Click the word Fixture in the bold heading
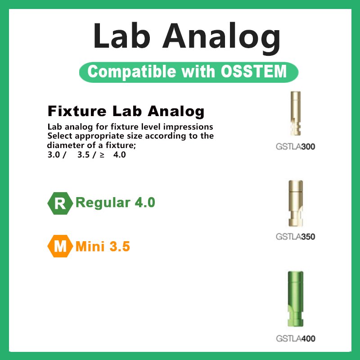73,111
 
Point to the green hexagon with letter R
60,203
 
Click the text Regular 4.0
115,202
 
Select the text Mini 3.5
103,246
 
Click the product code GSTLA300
295,146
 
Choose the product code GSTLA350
295,237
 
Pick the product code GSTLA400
295,338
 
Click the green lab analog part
295,300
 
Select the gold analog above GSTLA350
295,204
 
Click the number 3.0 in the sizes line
54,155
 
